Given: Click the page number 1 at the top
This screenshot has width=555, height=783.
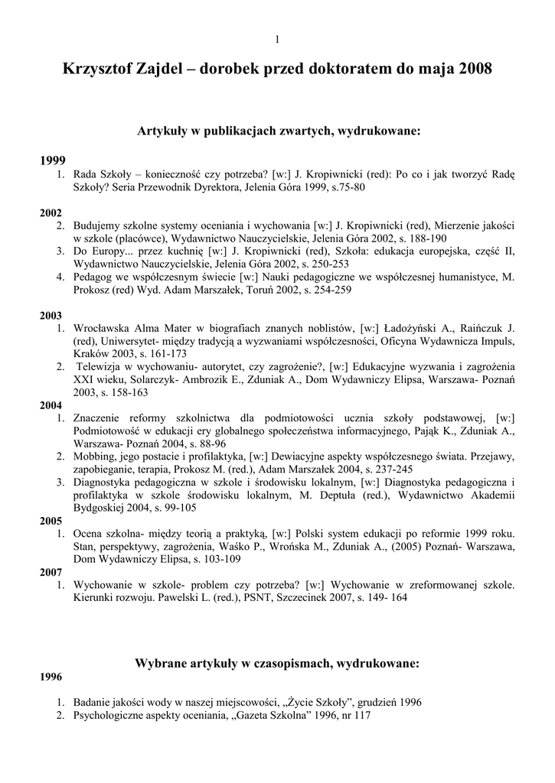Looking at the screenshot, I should tap(277, 40).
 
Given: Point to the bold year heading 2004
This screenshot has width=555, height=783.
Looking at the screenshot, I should tap(52, 406).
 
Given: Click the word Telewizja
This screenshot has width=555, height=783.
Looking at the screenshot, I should tap(100, 366).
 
